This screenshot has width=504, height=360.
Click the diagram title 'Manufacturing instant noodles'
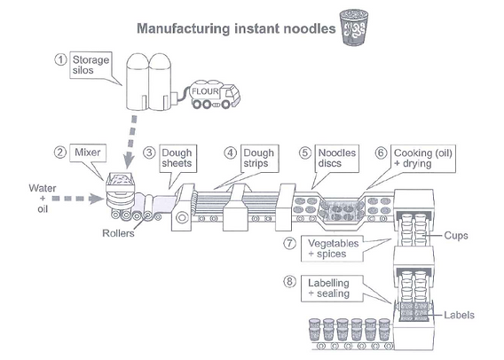[235, 28]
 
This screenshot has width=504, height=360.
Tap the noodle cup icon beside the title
[352, 27]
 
